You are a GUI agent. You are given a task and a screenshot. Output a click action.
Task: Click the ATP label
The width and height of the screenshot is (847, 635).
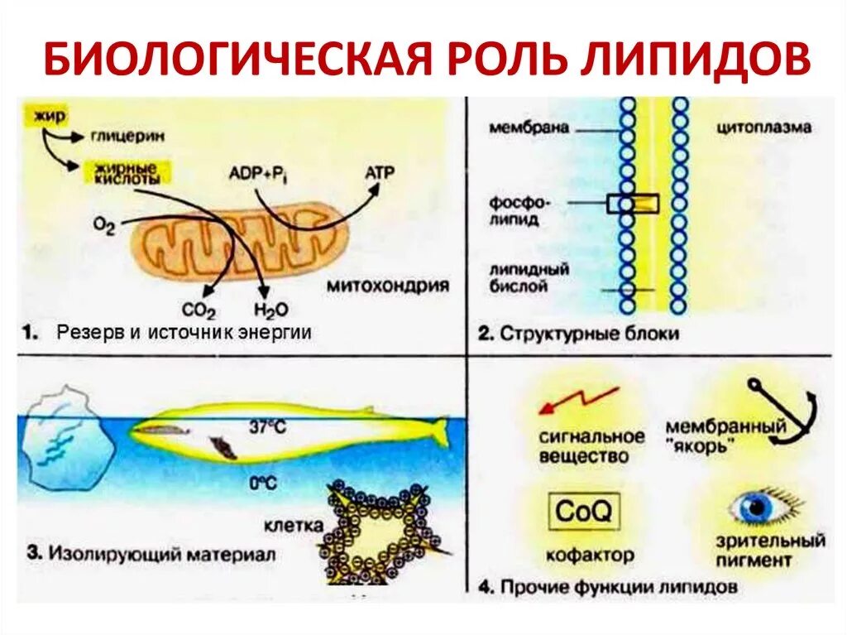(x=380, y=172)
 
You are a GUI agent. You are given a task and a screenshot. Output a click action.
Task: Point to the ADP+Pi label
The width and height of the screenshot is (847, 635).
(x=256, y=175)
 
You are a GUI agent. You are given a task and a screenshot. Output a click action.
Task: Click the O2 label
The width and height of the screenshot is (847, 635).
(x=104, y=225)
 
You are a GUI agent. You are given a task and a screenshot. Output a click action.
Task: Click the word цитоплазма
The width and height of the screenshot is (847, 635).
(x=763, y=128)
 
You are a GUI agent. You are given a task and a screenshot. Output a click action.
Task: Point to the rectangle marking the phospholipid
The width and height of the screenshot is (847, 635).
(x=633, y=203)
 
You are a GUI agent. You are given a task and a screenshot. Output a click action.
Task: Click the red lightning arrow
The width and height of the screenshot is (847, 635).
(x=578, y=401)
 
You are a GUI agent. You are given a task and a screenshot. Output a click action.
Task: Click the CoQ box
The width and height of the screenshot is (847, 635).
(x=583, y=511)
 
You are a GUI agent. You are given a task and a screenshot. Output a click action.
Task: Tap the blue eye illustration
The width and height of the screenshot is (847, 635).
(x=756, y=508)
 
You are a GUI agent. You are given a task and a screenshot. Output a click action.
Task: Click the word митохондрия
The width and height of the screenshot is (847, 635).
(x=388, y=286)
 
